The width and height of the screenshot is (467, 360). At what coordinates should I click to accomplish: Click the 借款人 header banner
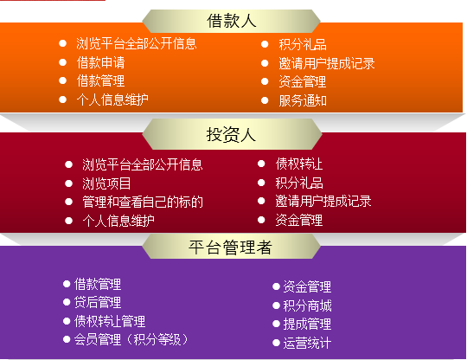(x=231, y=21)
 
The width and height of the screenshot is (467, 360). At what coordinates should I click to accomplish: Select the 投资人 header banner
(x=232, y=134)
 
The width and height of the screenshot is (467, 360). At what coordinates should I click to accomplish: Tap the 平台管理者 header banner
(x=231, y=247)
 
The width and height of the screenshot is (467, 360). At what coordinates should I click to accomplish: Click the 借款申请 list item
(x=100, y=62)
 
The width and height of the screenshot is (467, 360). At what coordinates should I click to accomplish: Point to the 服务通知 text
(x=303, y=100)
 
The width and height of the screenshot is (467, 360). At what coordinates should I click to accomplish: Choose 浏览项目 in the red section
(x=106, y=183)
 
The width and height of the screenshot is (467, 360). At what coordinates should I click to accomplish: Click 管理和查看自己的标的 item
(x=143, y=202)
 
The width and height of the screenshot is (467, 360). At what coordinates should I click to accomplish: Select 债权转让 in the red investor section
(x=299, y=164)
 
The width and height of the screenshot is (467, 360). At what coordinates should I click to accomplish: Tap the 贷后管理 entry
(x=98, y=302)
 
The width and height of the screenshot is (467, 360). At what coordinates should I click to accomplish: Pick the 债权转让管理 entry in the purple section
(x=110, y=321)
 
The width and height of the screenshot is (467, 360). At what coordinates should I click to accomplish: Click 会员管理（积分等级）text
(x=131, y=340)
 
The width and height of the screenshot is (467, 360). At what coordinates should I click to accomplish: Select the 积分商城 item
(x=307, y=305)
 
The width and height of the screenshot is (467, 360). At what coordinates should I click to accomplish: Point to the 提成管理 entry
(x=307, y=325)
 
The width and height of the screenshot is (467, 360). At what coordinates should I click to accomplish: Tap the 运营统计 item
(x=307, y=343)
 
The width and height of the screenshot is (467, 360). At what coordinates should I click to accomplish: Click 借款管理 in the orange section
(x=100, y=81)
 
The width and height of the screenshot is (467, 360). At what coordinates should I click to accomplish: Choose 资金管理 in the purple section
(x=307, y=287)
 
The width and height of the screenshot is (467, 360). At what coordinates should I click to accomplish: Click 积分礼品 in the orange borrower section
(x=303, y=45)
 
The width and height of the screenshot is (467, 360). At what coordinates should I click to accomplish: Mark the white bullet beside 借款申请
(x=62, y=62)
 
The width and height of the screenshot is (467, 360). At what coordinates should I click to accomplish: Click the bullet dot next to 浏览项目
(x=69, y=183)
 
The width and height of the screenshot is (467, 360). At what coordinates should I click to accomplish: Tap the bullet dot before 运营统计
(x=276, y=343)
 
